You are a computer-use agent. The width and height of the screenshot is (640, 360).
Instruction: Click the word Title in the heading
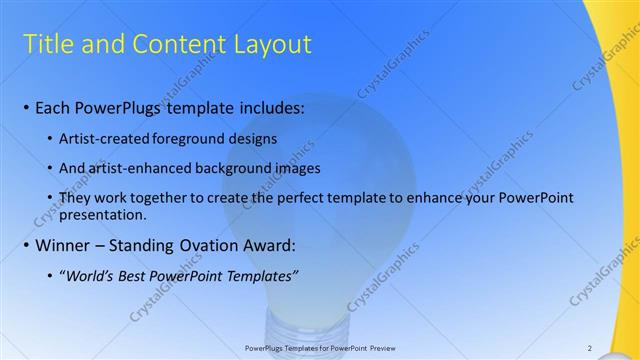tap(45, 44)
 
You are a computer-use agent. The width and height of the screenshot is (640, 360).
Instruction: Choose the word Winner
tap(64, 245)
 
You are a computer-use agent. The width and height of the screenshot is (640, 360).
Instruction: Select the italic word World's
tap(92, 276)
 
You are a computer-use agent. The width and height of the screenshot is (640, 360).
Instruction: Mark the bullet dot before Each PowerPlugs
tap(25, 108)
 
